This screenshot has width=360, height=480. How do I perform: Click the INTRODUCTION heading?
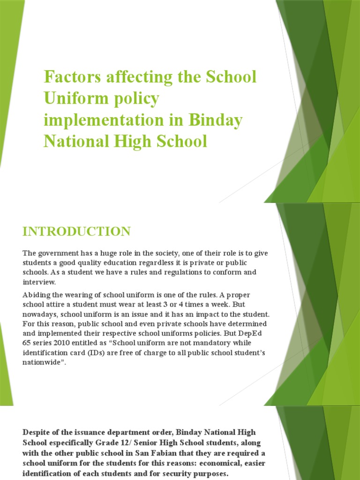tap(76, 231)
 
